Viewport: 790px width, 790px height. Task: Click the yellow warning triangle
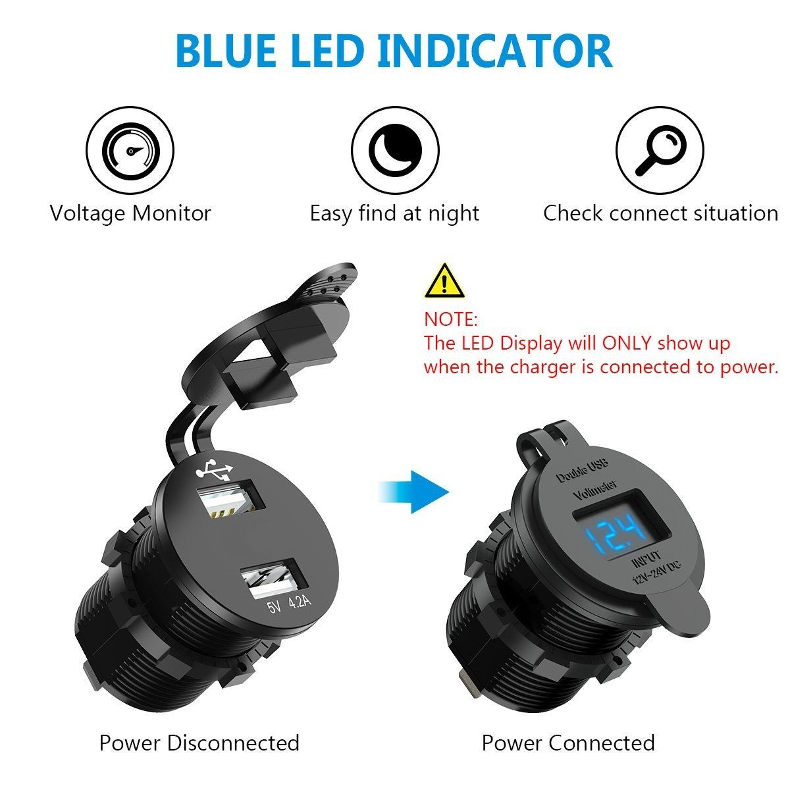point(445,281)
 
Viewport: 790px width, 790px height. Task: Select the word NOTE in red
point(450,320)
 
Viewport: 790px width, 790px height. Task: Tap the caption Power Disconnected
point(199,743)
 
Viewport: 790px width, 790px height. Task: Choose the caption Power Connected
point(568,743)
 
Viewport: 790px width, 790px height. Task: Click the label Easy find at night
point(394,214)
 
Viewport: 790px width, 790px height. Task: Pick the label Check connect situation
point(660,214)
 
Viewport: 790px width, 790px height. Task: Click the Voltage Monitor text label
point(130,214)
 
